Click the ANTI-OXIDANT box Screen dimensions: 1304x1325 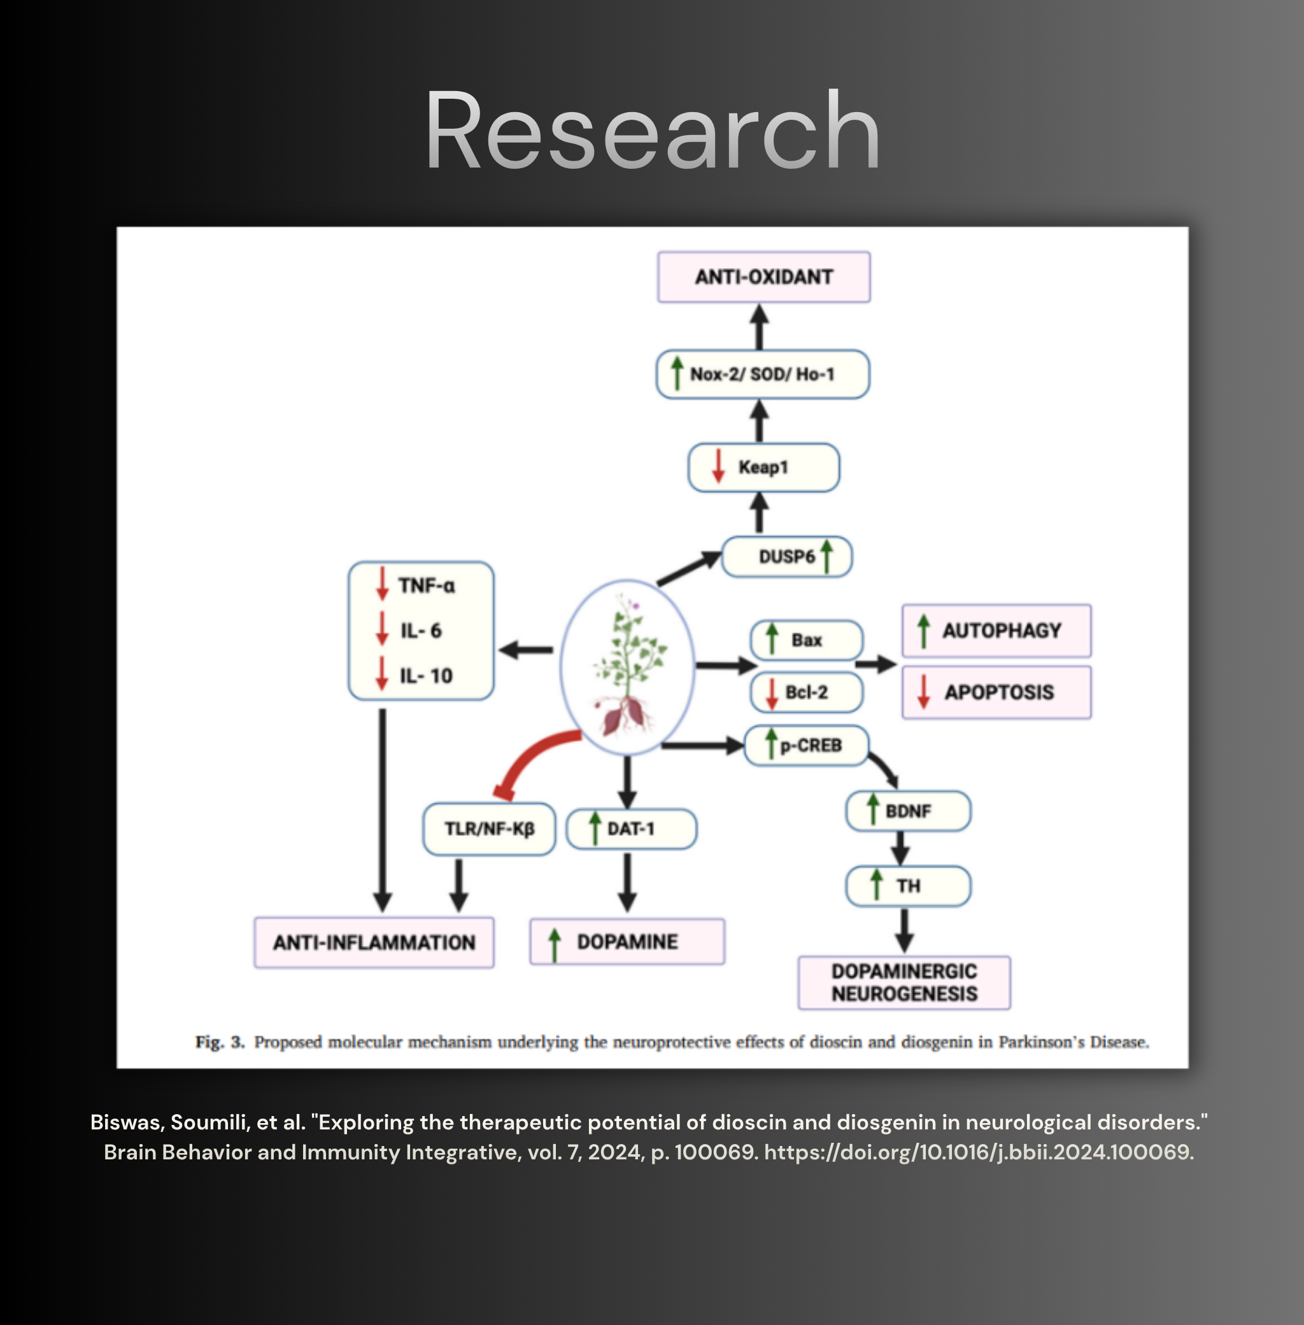[x=763, y=276]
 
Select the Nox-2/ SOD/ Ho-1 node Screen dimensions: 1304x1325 [x=763, y=374]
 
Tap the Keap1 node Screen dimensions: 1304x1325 [x=763, y=467]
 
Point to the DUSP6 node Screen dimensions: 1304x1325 [x=787, y=556]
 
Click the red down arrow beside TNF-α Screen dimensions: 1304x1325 [x=381, y=584]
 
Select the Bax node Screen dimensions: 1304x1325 [x=806, y=640]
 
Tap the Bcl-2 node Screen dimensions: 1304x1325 [x=806, y=692]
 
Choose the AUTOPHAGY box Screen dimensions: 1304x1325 [x=996, y=630]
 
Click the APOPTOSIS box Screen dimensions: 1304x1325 [x=996, y=692]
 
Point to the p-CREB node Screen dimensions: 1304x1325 [x=806, y=745]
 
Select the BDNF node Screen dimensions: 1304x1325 [x=908, y=811]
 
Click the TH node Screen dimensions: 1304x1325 [x=908, y=886]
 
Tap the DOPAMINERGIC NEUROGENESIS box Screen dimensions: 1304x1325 [x=904, y=982]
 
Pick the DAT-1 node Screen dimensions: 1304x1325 [x=632, y=829]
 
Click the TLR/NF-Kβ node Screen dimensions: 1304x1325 [x=489, y=829]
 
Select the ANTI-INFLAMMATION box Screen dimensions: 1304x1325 [x=374, y=943]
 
